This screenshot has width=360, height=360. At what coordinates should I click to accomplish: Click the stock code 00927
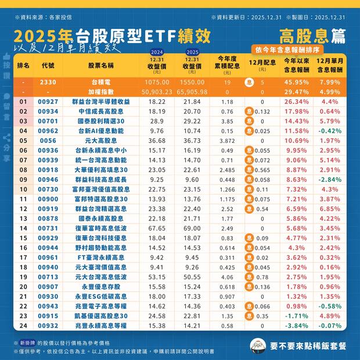pyautogui.click(x=48, y=102)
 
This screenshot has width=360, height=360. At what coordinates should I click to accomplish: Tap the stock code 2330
pyautogui.click(x=48, y=82)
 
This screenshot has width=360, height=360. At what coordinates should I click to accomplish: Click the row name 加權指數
pyautogui.click(x=101, y=92)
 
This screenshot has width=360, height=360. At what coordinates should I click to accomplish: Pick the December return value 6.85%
pyautogui.click(x=329, y=208)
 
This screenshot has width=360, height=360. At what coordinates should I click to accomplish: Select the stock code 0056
pyautogui.click(x=48, y=141)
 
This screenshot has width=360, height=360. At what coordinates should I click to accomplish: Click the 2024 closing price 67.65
pyautogui.click(x=156, y=228)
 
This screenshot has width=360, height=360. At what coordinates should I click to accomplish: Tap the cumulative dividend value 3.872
pyautogui.click(x=228, y=141)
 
